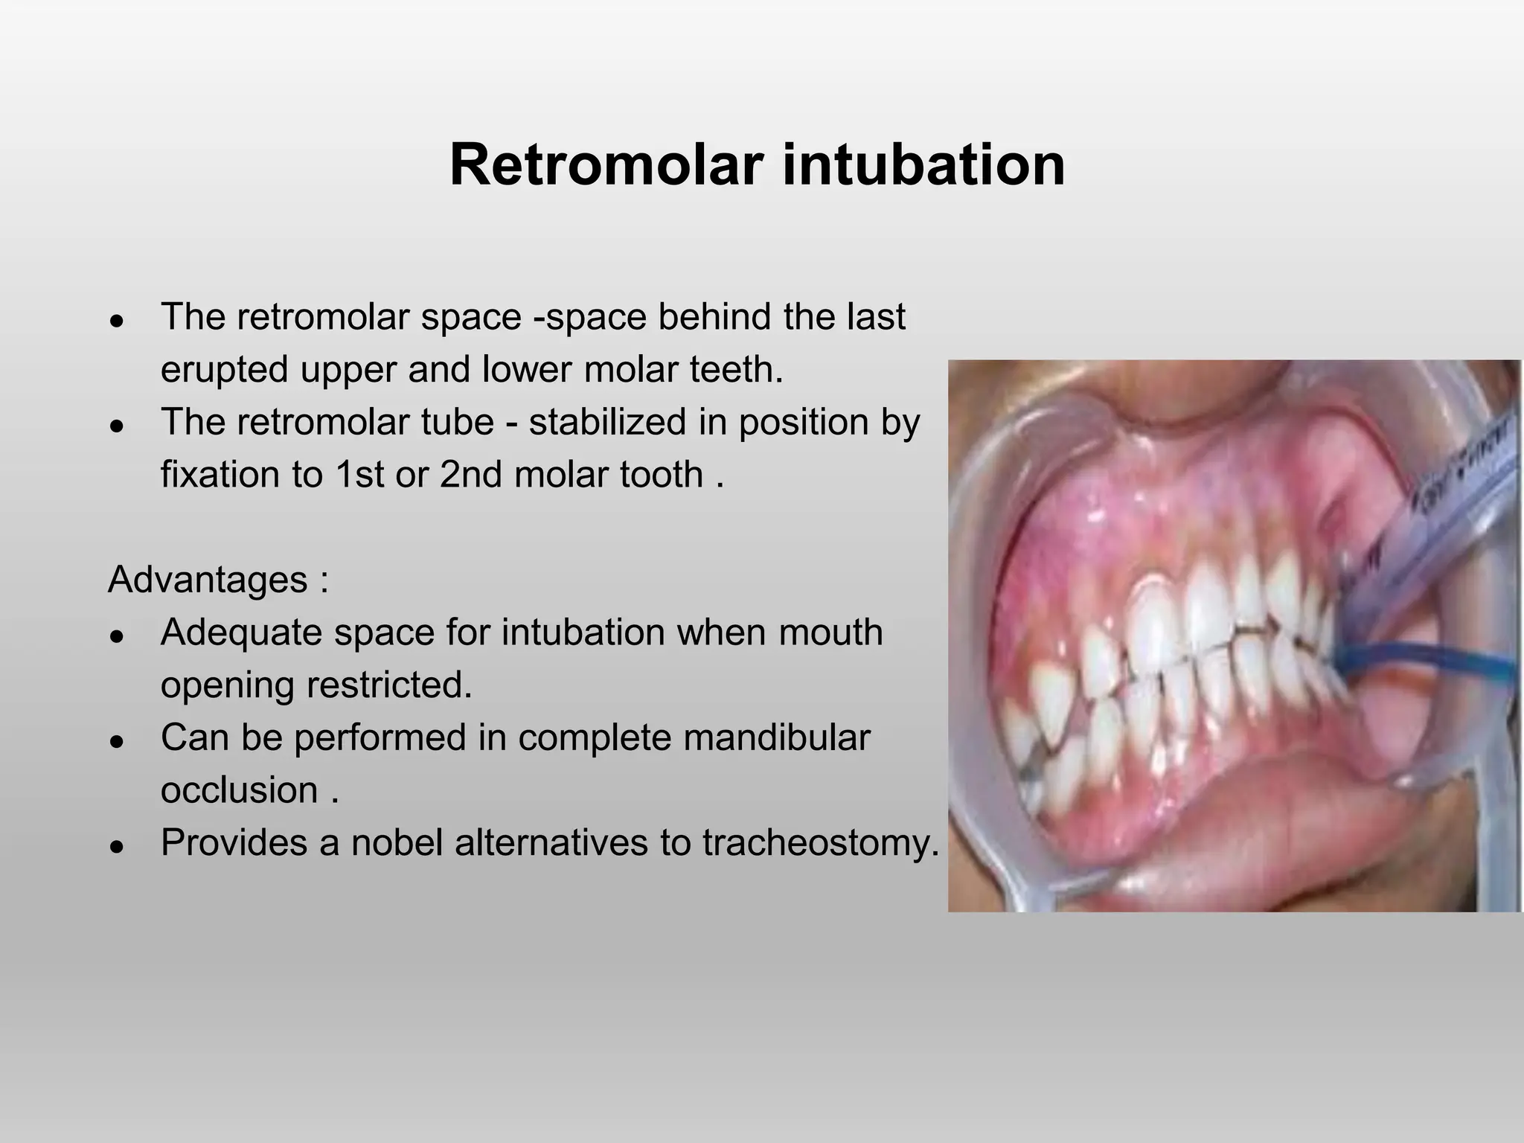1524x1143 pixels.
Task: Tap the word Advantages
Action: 208,580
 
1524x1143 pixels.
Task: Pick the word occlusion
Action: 240,790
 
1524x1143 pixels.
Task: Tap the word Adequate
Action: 241,633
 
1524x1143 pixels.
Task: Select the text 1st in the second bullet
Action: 359,475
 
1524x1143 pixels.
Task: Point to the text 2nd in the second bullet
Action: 470,475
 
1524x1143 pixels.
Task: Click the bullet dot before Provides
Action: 115,847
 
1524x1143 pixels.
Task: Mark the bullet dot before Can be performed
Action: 115,742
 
